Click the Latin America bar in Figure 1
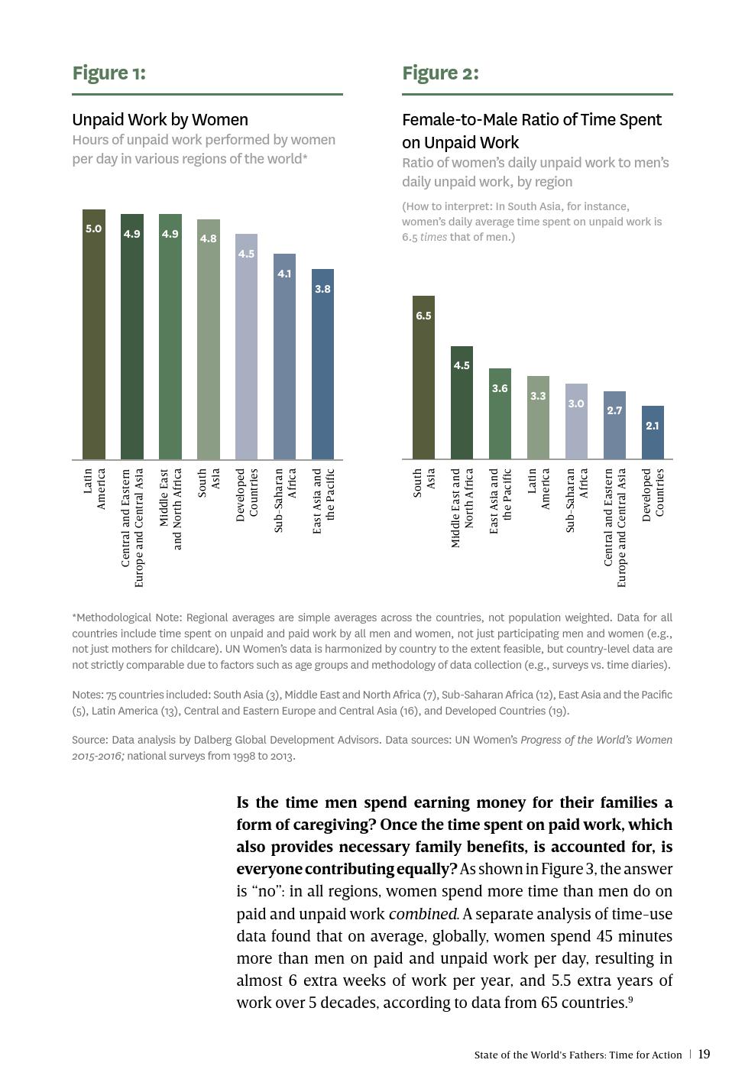[94, 336]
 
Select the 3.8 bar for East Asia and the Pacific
[322, 367]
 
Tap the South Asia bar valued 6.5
[423, 378]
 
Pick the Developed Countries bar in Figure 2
[652, 433]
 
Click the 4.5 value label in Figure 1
[246, 254]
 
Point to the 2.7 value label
[614, 410]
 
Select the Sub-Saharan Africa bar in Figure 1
[284, 359]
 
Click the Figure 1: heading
[109, 73]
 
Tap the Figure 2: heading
[440, 73]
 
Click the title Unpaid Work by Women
[160, 120]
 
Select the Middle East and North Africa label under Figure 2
[462, 508]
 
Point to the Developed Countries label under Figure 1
[246, 495]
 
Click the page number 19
[704, 1055]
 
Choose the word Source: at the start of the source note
[89, 740]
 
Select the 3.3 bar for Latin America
[538, 419]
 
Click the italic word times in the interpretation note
[433, 237]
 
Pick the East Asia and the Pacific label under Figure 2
[500, 501]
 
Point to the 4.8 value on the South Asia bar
[208, 238]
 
